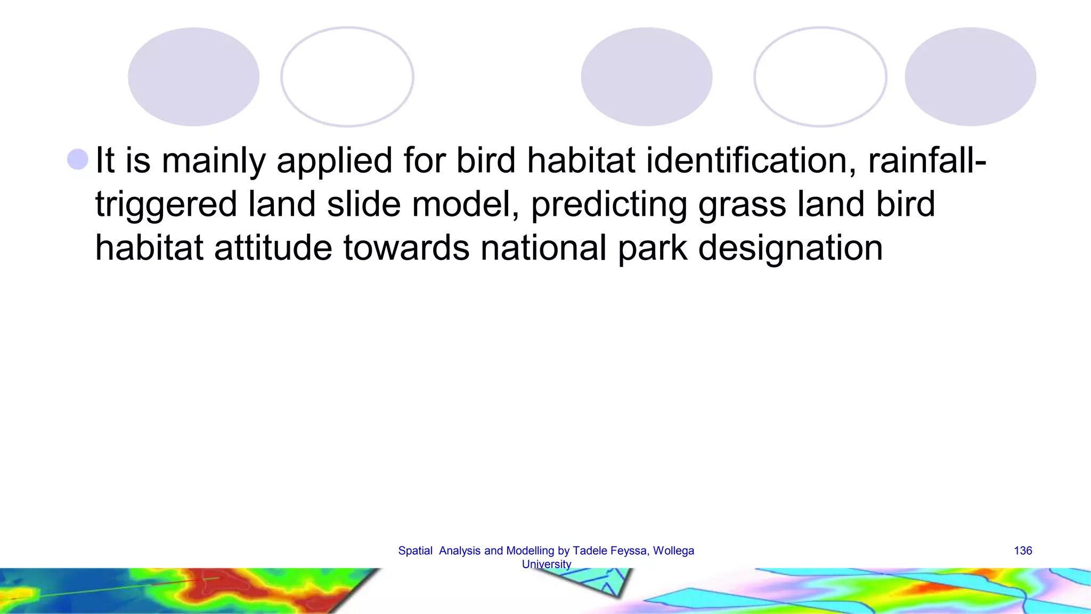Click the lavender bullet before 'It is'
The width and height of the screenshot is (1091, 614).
tap(78, 159)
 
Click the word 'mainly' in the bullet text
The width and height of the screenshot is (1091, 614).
tap(213, 161)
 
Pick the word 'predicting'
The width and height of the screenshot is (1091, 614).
tap(609, 205)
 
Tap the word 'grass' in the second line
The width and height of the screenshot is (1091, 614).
tap(742, 206)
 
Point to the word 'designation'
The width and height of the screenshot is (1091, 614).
tap(790, 249)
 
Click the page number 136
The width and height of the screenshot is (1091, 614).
tap(1023, 551)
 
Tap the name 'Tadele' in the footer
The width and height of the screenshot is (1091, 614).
tap(590, 551)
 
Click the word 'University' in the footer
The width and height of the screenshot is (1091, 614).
tap(546, 564)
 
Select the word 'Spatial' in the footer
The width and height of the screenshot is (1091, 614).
tap(415, 551)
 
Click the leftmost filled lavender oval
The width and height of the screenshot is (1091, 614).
tap(193, 77)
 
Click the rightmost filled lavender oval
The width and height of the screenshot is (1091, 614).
tap(970, 77)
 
